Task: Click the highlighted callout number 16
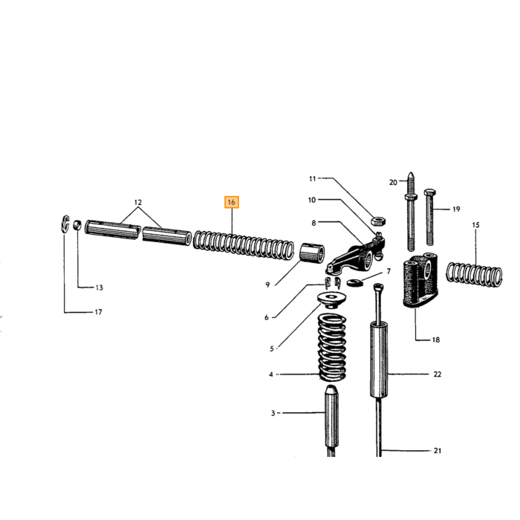coord(232,202)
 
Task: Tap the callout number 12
coord(138,202)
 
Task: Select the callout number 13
coord(99,287)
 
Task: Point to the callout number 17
coord(99,312)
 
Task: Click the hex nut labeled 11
coord(377,221)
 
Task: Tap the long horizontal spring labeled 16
coord(244,244)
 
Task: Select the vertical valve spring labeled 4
coord(332,348)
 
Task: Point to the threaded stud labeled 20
coord(411,212)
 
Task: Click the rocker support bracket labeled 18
coord(420,281)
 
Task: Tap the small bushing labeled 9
coord(312,253)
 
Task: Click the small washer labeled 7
coord(355,283)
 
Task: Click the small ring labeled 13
coord(77,225)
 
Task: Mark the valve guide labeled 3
coord(331,420)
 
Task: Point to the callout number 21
coord(438,451)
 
